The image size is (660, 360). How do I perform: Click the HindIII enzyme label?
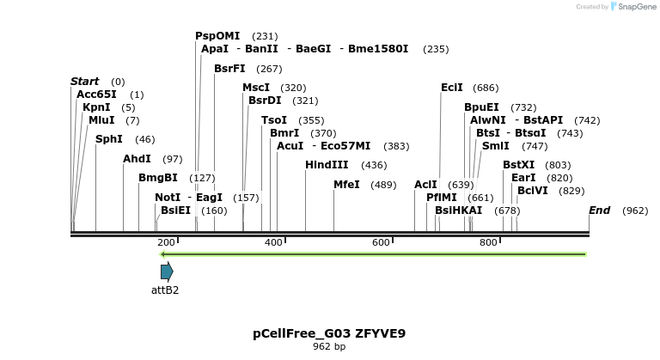(327, 165)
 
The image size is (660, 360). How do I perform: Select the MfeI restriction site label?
(346, 185)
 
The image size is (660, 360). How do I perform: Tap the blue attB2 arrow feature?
(167, 272)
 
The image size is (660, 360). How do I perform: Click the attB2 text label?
(165, 290)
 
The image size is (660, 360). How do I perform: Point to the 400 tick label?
(273, 243)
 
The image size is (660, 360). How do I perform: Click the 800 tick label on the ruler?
(488, 243)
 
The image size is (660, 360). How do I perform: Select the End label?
(599, 211)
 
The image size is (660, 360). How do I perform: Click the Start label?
(84, 82)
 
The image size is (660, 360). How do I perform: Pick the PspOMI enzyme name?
(217, 36)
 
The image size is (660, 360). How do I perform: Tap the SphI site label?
(108, 139)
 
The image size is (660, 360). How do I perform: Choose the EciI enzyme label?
(452, 88)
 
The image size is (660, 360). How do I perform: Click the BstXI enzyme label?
(518, 165)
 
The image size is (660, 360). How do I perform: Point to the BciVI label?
(533, 191)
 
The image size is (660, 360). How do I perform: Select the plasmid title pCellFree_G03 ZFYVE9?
(329, 333)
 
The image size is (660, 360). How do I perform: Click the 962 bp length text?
(329, 347)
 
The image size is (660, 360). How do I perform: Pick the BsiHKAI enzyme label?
(458, 211)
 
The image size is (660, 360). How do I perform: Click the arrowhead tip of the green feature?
(162, 254)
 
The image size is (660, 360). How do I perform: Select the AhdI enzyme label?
(137, 159)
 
